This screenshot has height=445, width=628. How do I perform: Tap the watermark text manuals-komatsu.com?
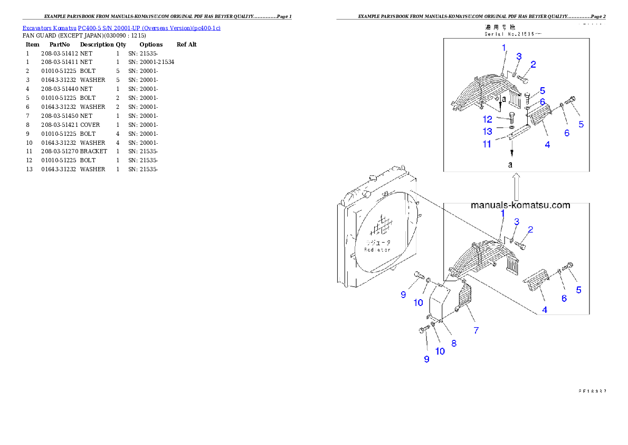[520, 205]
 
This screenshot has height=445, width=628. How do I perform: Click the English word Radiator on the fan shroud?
[377, 249]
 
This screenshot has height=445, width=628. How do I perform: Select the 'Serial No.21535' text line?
[512, 34]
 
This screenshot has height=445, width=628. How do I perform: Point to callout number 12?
[488, 120]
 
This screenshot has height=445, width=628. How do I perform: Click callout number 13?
[488, 131]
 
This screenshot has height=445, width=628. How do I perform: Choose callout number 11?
[487, 143]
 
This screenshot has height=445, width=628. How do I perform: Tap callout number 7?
[476, 330]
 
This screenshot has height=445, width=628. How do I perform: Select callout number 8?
[454, 343]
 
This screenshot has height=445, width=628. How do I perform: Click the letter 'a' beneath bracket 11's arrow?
[510, 164]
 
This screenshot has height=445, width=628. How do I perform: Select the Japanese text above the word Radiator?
[377, 242]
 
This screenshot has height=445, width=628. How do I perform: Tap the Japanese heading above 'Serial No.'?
[500, 26]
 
